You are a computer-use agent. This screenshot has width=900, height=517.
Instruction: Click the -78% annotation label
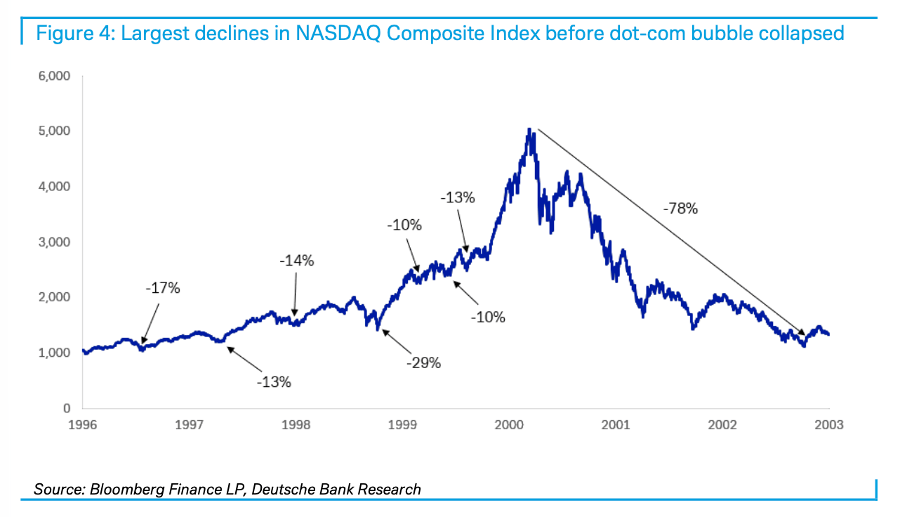click(x=680, y=209)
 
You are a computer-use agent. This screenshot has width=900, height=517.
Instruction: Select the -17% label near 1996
click(x=164, y=288)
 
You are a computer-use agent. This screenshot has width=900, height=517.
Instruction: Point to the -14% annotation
click(x=297, y=261)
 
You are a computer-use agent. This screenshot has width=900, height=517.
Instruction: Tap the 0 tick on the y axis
click(x=66, y=408)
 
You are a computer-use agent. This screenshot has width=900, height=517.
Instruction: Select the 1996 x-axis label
click(x=82, y=425)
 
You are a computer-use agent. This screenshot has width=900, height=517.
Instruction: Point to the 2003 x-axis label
click(x=829, y=425)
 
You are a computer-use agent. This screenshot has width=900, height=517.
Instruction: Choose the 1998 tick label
click(x=296, y=425)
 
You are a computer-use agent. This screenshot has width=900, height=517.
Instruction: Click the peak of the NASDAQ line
click(x=529, y=129)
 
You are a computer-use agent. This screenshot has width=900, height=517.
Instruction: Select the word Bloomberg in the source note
click(x=124, y=489)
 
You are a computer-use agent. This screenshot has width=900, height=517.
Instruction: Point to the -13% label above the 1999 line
click(x=458, y=198)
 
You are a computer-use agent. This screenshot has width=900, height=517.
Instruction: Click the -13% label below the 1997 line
click(x=273, y=382)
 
